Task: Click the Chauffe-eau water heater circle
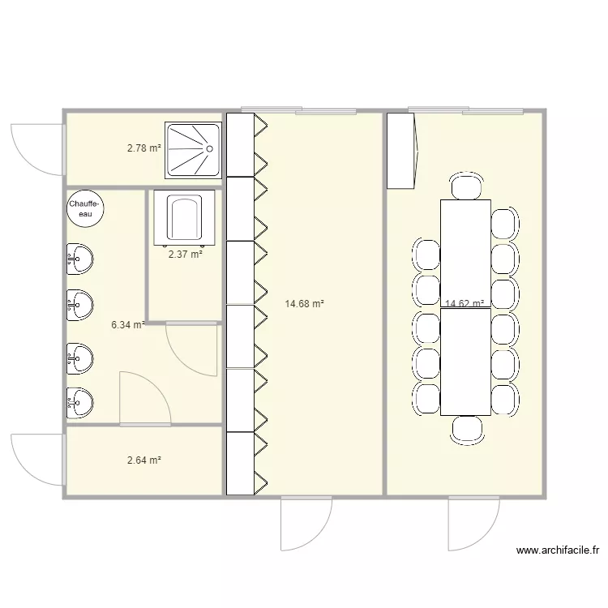(x=85, y=208)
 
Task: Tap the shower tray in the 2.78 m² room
(x=194, y=150)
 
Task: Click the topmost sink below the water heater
(x=79, y=259)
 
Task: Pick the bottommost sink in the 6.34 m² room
(x=79, y=400)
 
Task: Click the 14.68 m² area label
(x=305, y=304)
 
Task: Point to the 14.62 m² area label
(x=465, y=304)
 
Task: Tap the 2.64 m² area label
(x=144, y=460)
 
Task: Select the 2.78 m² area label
(x=144, y=148)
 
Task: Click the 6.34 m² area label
(x=128, y=325)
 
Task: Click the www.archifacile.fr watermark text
(x=558, y=550)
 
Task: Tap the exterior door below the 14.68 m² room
(x=306, y=523)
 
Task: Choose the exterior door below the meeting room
(x=473, y=523)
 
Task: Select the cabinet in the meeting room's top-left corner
(x=402, y=151)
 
